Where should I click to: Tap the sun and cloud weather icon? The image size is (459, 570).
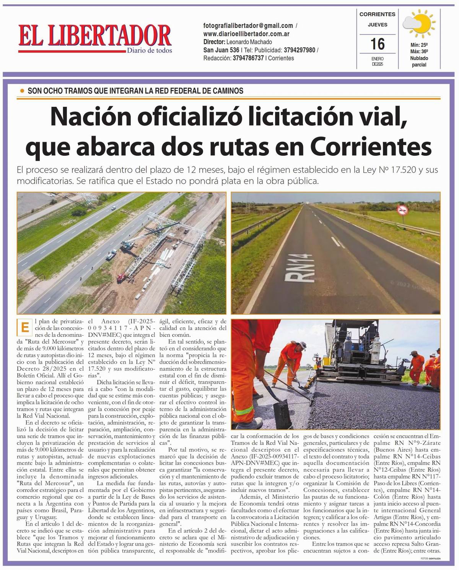(418, 23)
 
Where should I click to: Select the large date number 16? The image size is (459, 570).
(377, 44)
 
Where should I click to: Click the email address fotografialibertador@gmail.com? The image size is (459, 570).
(248, 26)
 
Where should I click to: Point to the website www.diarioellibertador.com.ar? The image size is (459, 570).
(246, 34)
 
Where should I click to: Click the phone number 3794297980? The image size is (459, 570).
(299, 50)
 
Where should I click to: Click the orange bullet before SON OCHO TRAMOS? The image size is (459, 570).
(22, 91)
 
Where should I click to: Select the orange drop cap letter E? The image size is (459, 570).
(24, 328)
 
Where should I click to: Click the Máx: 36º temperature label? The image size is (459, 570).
(419, 51)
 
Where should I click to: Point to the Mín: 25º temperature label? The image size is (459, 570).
(419, 45)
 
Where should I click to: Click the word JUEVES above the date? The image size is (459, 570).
(377, 24)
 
